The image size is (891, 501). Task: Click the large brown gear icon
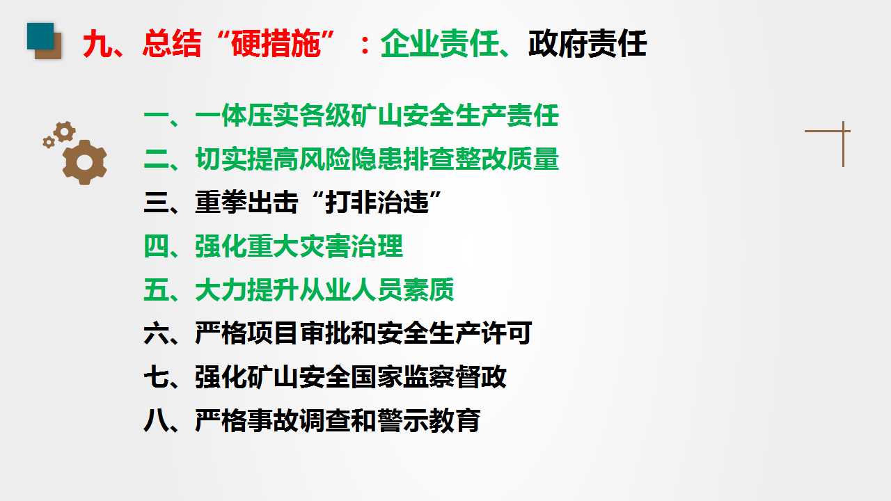pos(84,162)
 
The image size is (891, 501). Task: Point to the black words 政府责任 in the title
pos(587,45)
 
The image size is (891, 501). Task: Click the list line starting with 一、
pos(351,116)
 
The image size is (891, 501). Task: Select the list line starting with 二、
pos(351,159)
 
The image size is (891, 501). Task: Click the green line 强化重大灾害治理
pos(273,246)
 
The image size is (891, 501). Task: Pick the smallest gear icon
pos(49,142)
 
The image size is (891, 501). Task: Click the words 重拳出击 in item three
pos(246,203)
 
